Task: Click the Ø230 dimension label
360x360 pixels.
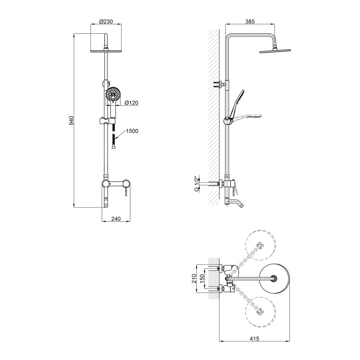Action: [x=106, y=21]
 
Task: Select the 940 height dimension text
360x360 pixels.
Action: [x=71, y=120]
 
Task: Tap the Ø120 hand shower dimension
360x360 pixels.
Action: [x=131, y=103]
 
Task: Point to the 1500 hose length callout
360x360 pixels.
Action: [x=132, y=131]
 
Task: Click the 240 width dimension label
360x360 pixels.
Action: [x=116, y=219]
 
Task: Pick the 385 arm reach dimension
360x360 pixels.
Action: [x=250, y=21]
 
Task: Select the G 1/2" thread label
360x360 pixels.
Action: [x=196, y=184]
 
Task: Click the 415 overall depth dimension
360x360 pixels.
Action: [x=254, y=338]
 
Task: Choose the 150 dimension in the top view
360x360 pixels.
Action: [x=202, y=279]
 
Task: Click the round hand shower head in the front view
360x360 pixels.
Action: [x=113, y=94]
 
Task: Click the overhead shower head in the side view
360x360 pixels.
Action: [x=275, y=51]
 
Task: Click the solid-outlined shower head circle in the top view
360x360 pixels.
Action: [x=274, y=279]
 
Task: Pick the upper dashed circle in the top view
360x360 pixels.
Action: [x=261, y=245]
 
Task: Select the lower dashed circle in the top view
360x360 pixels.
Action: [x=261, y=312]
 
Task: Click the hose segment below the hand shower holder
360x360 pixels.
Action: [x=113, y=137]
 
